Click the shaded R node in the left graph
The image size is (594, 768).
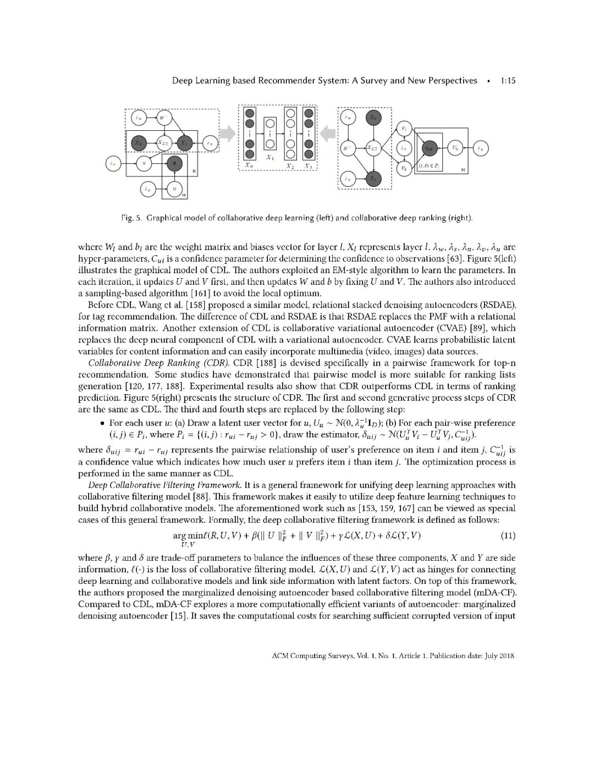[174, 163]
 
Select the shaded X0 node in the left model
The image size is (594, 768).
[139, 143]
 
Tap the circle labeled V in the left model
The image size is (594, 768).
[144, 163]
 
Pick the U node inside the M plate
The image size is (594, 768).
[174, 189]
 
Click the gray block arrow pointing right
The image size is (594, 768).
[227, 132]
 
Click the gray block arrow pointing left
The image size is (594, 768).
[328, 132]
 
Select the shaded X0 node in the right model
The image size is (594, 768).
[374, 118]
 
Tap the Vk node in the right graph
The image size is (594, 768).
[404, 168]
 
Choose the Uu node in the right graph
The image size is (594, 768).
[455, 148]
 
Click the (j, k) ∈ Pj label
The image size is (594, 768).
[429, 166]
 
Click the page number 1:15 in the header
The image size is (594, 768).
[508, 81]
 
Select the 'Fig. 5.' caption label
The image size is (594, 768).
[131, 218]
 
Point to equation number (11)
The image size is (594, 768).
[508, 535]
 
